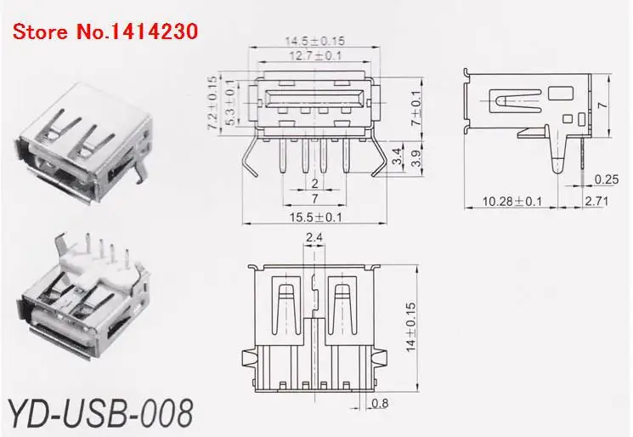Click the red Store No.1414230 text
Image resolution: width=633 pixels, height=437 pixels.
(x=105, y=32)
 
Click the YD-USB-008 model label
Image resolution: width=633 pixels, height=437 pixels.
(x=99, y=411)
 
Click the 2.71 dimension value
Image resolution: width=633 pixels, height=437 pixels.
(x=597, y=201)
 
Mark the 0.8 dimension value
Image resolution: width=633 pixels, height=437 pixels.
(x=381, y=404)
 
